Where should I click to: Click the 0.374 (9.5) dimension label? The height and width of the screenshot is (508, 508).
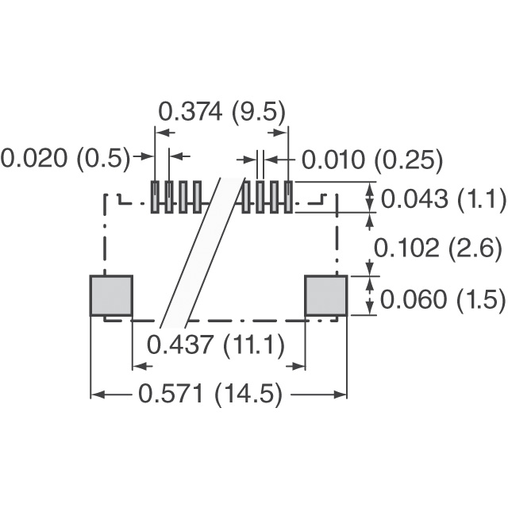coord(222,111)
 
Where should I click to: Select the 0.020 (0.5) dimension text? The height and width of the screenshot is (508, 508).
coord(65,159)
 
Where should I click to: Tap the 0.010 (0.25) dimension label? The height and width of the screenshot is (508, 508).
coord(372,160)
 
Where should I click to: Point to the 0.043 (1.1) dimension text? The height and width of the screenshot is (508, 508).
coord(443,198)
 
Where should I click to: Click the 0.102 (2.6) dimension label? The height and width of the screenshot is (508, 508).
coord(438,248)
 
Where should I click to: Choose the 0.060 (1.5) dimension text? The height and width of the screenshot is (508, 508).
coord(443,299)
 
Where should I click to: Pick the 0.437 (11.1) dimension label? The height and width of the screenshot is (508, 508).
coord(216,344)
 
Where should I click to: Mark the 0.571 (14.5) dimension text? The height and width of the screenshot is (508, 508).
coord(210,394)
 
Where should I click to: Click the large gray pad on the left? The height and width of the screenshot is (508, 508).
coord(111,295)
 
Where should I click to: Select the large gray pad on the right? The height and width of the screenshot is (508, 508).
coord(326,295)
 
